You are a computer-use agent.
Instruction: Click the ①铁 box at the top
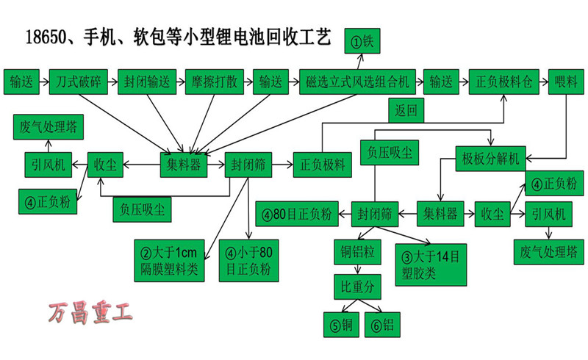365,42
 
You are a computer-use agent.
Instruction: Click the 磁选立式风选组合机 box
359,81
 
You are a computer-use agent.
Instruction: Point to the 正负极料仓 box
504,81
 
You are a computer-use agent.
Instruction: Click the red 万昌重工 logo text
91,314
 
